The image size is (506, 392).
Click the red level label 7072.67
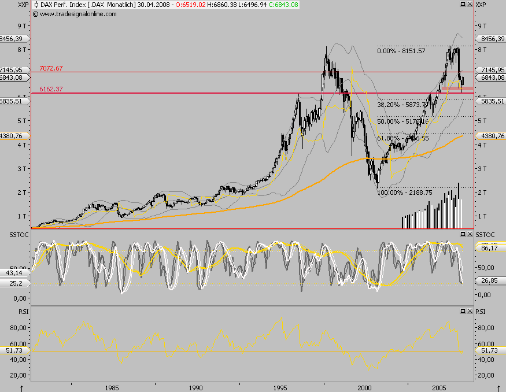pyautogui.click(x=51, y=68)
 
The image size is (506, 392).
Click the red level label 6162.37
pyautogui.click(x=51, y=89)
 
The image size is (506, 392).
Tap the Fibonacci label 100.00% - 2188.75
pyautogui.click(x=405, y=192)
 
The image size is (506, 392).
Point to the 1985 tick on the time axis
pyautogui.click(x=112, y=387)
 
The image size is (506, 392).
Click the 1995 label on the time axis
pyautogui.click(x=281, y=387)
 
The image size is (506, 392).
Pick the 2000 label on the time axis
pyautogui.click(x=365, y=387)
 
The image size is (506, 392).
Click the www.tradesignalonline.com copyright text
pyautogui.click(x=74, y=13)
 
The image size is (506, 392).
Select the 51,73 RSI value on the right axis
pyautogui.click(x=489, y=350)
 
